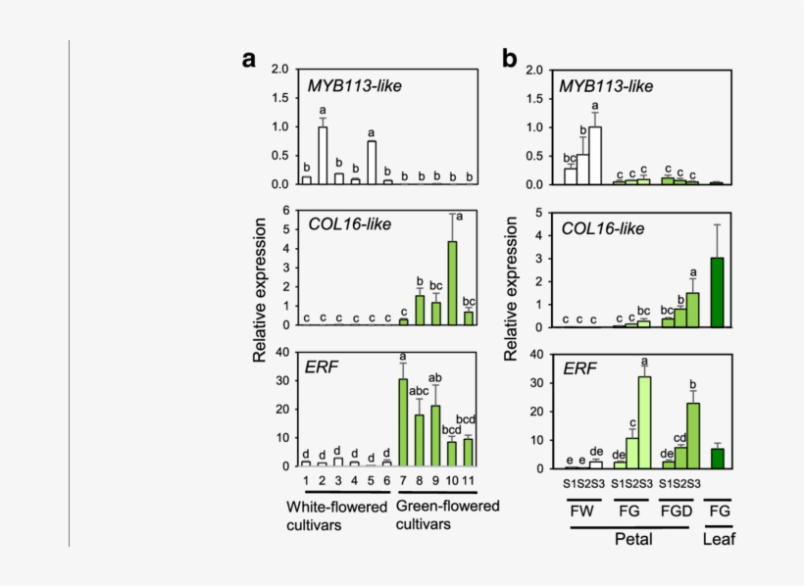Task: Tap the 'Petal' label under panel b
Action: coord(632,539)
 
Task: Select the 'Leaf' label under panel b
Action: coord(717,539)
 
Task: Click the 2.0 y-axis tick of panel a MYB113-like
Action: coord(280,70)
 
